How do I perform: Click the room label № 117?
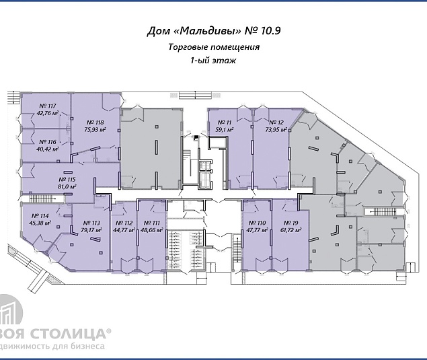47,105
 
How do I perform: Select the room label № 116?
47,142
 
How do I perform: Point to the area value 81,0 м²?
67,188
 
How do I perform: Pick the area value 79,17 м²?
91,230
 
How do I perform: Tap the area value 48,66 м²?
151,230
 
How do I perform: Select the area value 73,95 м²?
277,130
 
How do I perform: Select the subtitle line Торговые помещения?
214,47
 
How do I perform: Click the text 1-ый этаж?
213,61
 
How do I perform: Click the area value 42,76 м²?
47,113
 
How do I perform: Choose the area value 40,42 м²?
47,149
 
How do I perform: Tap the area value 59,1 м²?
224,129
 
